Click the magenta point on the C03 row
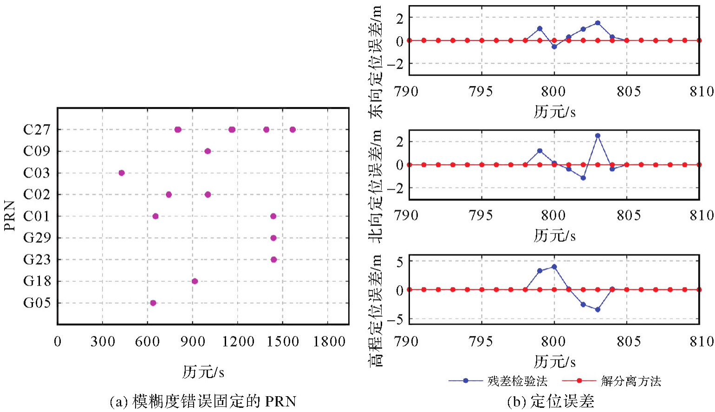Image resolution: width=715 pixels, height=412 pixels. coord(122,173)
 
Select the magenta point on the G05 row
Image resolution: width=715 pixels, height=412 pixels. coord(153,303)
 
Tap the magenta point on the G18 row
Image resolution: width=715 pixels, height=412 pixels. coord(195,281)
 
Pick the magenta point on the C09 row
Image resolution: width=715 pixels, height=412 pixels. coord(208,151)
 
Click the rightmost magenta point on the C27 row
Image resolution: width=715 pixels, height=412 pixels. coord(292,130)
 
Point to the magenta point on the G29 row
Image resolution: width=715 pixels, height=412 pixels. coord(273,238)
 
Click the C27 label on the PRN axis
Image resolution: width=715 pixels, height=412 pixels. coord(36,130)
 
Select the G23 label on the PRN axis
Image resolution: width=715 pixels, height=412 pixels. coord(36,259)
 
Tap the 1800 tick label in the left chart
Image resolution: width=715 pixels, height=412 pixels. coord(329,342)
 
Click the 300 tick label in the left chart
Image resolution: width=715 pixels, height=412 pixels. coord(103,342)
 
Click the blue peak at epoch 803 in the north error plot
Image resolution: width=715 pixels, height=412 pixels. coord(598,136)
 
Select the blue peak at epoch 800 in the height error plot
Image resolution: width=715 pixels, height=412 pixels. coord(554,267)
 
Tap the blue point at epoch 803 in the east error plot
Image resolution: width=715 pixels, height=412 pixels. coord(598,23)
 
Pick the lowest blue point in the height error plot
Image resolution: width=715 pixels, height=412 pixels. coord(598,310)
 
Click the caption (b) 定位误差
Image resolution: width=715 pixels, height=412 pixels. coord(550,401)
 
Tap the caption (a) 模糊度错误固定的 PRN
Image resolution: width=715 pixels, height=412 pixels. coord(203,401)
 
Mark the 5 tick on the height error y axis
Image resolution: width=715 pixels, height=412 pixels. coord(399,261)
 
